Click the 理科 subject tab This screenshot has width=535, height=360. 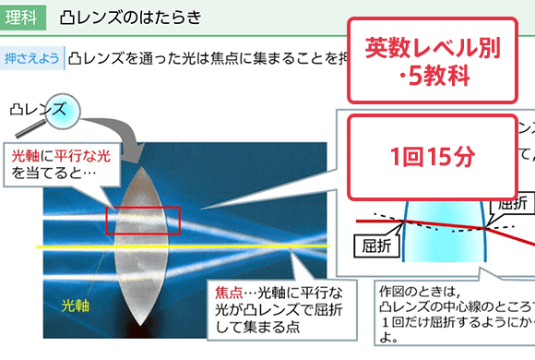click(22, 18)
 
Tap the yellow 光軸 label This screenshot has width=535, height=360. click(77, 304)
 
